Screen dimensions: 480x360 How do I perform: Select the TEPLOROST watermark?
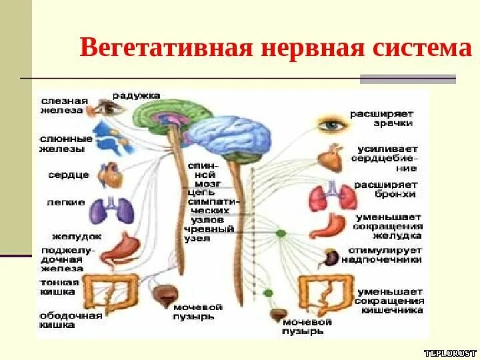(x=451, y=351)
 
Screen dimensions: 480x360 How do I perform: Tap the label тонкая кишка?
(x=59, y=287)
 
